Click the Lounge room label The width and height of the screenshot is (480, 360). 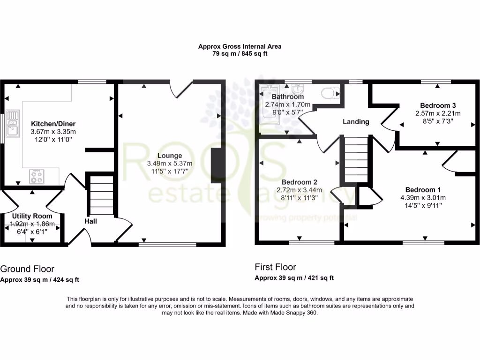(x=170, y=156)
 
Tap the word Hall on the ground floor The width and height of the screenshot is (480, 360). (x=91, y=221)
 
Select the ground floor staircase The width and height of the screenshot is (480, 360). (x=99, y=195)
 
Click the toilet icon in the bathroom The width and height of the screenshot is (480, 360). (x=330, y=93)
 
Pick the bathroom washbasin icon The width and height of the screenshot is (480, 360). (x=297, y=89)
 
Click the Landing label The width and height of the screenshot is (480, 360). (x=356, y=122)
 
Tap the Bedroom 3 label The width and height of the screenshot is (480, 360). (x=438, y=105)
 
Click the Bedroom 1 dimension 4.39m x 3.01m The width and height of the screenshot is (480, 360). (x=423, y=197)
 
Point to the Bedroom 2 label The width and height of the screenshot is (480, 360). (x=300, y=182)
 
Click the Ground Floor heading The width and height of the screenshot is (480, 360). (x=27, y=269)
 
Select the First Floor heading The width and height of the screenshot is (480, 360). (x=275, y=267)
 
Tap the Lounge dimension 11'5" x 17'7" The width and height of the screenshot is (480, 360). (x=170, y=172)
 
